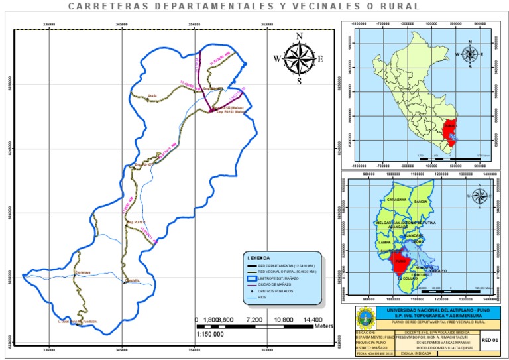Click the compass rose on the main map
(x=299, y=58)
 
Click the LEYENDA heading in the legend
(x=258, y=257)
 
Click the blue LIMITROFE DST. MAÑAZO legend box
(x=252, y=278)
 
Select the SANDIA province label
(x=421, y=200)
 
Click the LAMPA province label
(x=385, y=243)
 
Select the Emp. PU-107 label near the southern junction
(x=135, y=222)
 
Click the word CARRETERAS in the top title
(x=102, y=6)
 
